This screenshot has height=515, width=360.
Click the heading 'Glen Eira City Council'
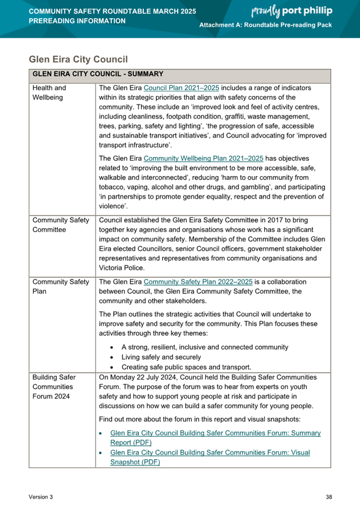(x=78, y=59)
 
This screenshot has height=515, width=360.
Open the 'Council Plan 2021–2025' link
(x=181, y=88)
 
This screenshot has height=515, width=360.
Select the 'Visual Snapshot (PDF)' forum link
(x=210, y=457)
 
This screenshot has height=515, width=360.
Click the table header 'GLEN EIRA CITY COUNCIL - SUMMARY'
(x=98, y=74)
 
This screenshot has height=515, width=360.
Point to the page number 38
(x=329, y=497)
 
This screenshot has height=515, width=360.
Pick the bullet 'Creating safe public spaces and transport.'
(x=186, y=367)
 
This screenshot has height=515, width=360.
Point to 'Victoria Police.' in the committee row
(x=121, y=268)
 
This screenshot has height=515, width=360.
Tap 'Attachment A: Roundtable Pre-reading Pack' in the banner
(x=266, y=28)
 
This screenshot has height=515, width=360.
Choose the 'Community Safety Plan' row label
(x=60, y=286)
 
